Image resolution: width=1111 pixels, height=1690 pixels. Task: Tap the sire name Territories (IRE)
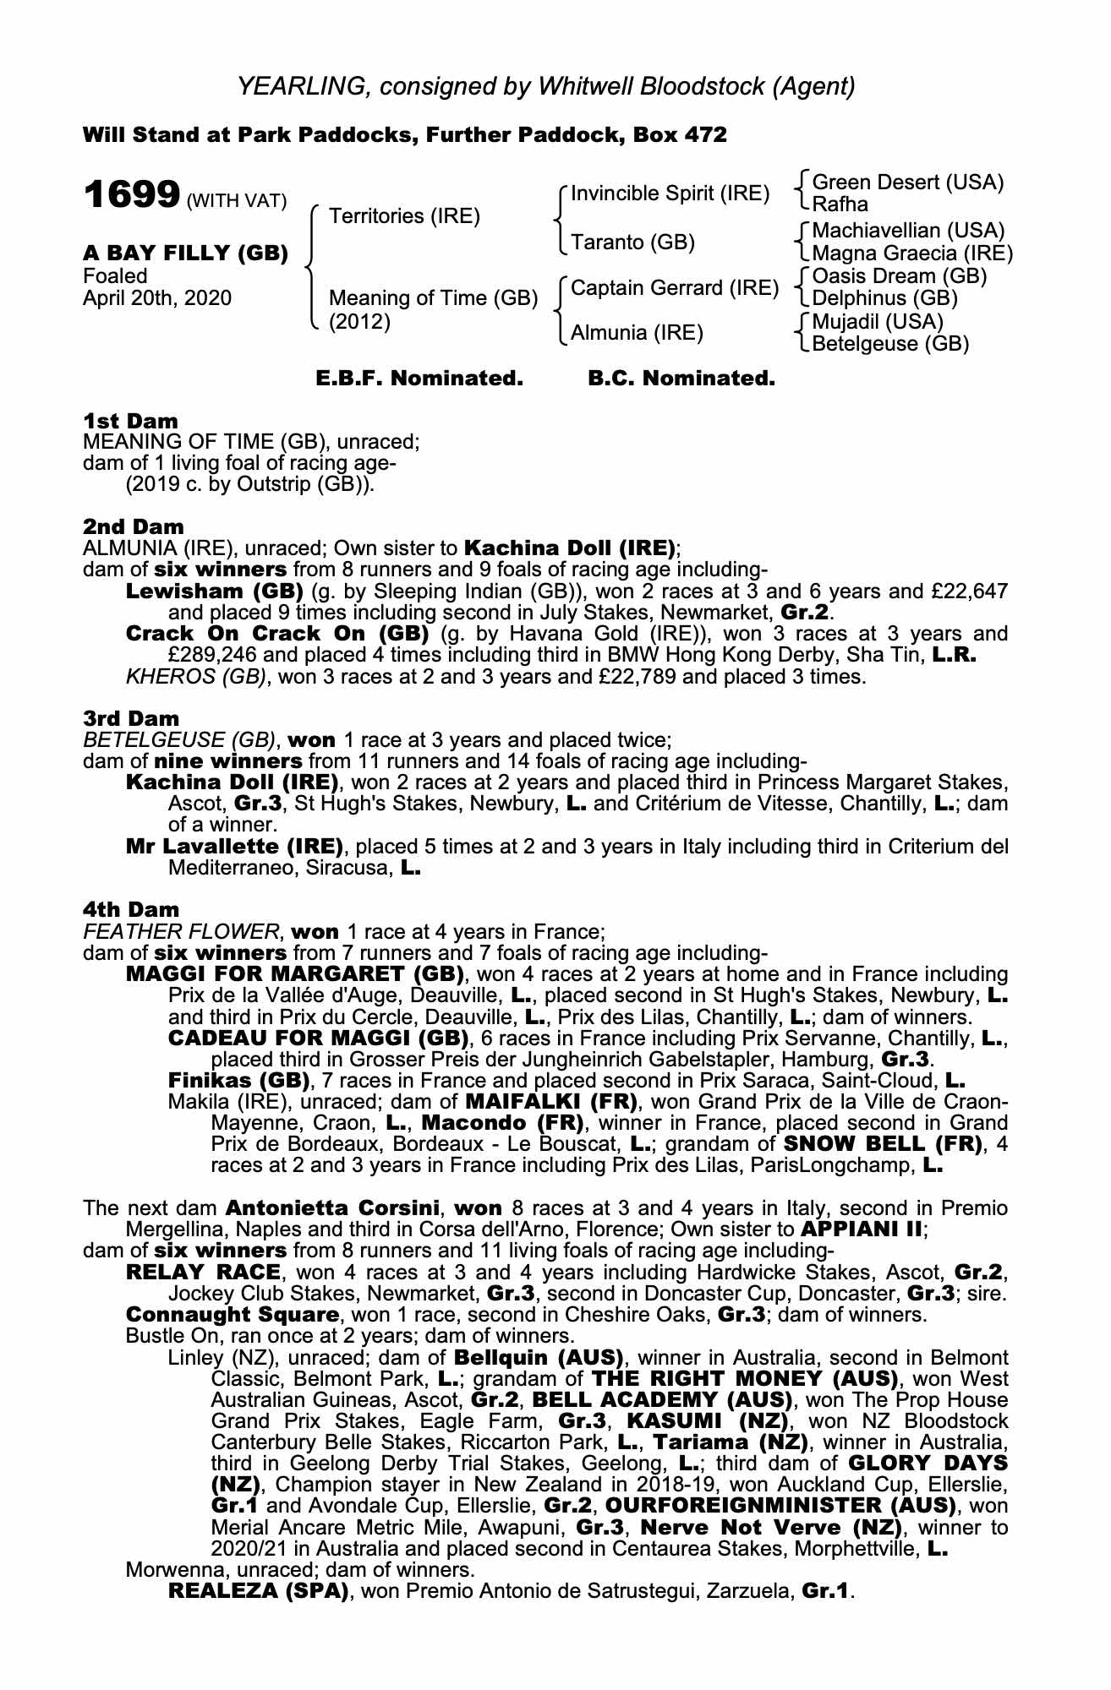tap(404, 216)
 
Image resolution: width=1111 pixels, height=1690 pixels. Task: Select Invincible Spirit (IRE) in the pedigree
tap(670, 194)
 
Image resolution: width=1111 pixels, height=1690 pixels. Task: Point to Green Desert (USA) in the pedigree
tap(907, 183)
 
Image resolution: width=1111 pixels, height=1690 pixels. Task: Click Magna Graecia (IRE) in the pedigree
tap(911, 253)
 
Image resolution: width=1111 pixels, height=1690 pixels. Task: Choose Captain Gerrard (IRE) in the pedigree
tap(674, 288)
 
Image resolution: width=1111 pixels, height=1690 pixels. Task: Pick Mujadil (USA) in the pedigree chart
tap(877, 322)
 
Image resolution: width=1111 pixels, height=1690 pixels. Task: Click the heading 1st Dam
tap(130, 421)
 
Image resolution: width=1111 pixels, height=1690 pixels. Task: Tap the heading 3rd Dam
tap(131, 718)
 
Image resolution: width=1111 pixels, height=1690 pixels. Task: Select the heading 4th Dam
tap(131, 909)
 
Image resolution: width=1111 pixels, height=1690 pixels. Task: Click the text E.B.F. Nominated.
tap(419, 379)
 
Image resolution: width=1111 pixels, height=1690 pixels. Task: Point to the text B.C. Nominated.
tap(681, 379)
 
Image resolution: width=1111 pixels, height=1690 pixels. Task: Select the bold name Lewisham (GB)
tap(215, 591)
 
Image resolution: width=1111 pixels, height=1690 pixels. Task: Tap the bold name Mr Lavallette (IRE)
tap(234, 846)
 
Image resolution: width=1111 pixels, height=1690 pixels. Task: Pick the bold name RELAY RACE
tap(203, 1272)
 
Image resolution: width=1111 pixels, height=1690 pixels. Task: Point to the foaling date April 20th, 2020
tap(157, 298)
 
